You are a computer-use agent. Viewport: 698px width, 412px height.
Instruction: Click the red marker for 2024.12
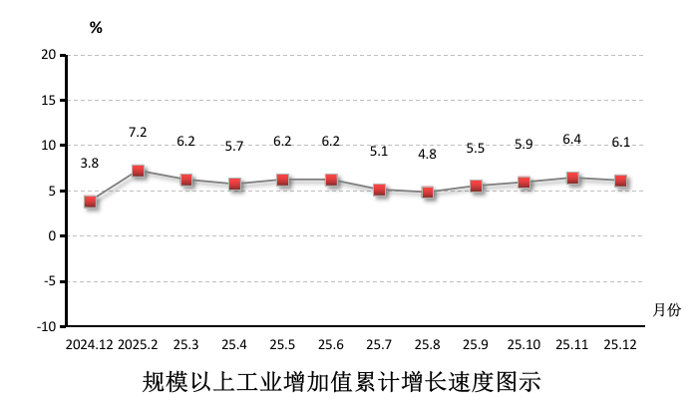click(x=91, y=202)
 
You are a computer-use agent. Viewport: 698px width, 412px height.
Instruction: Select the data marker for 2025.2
click(x=139, y=171)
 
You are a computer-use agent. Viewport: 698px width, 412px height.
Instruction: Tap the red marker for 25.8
click(x=428, y=193)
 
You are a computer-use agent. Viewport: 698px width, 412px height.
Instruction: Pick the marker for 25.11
click(x=572, y=178)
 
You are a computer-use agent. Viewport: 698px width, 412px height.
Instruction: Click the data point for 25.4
click(x=235, y=184)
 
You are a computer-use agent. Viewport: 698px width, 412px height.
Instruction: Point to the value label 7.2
click(x=139, y=132)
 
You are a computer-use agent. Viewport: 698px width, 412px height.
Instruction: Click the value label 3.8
click(x=90, y=163)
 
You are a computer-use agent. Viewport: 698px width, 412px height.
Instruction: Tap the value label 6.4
click(x=572, y=139)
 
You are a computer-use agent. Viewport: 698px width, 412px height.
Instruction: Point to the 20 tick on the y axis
click(x=48, y=55)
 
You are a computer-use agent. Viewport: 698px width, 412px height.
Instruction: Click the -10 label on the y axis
click(x=45, y=327)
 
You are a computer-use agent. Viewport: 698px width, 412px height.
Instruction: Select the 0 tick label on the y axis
click(x=52, y=236)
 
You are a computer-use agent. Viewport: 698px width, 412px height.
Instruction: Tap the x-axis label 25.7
click(x=379, y=344)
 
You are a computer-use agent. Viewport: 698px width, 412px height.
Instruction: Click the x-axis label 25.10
click(x=523, y=344)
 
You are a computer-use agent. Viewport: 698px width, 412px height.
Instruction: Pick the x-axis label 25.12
click(x=620, y=344)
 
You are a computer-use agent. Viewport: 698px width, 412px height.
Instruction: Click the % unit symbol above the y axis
click(x=96, y=28)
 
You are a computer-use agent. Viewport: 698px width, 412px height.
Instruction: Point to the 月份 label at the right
click(x=667, y=310)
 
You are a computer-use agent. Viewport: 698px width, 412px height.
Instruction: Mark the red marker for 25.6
click(x=331, y=180)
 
